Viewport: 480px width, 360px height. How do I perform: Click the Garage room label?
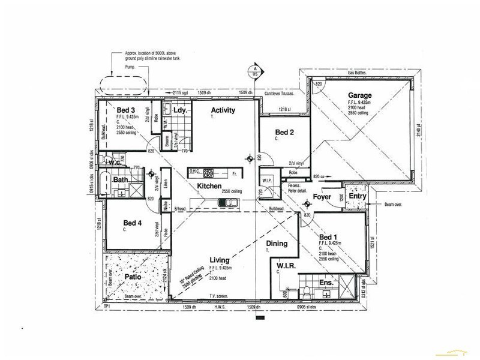tap(359, 95)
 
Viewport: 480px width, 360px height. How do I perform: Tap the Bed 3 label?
tap(125, 110)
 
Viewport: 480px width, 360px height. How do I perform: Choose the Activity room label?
tap(223, 110)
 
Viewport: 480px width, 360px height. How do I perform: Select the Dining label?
tap(277, 244)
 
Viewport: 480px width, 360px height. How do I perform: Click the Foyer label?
tap(323, 196)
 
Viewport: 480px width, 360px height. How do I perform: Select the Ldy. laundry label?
tap(181, 111)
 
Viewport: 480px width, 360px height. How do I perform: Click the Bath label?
tap(122, 179)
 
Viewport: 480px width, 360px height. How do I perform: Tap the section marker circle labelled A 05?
tap(256, 71)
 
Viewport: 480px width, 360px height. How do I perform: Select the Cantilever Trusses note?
tap(282, 94)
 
